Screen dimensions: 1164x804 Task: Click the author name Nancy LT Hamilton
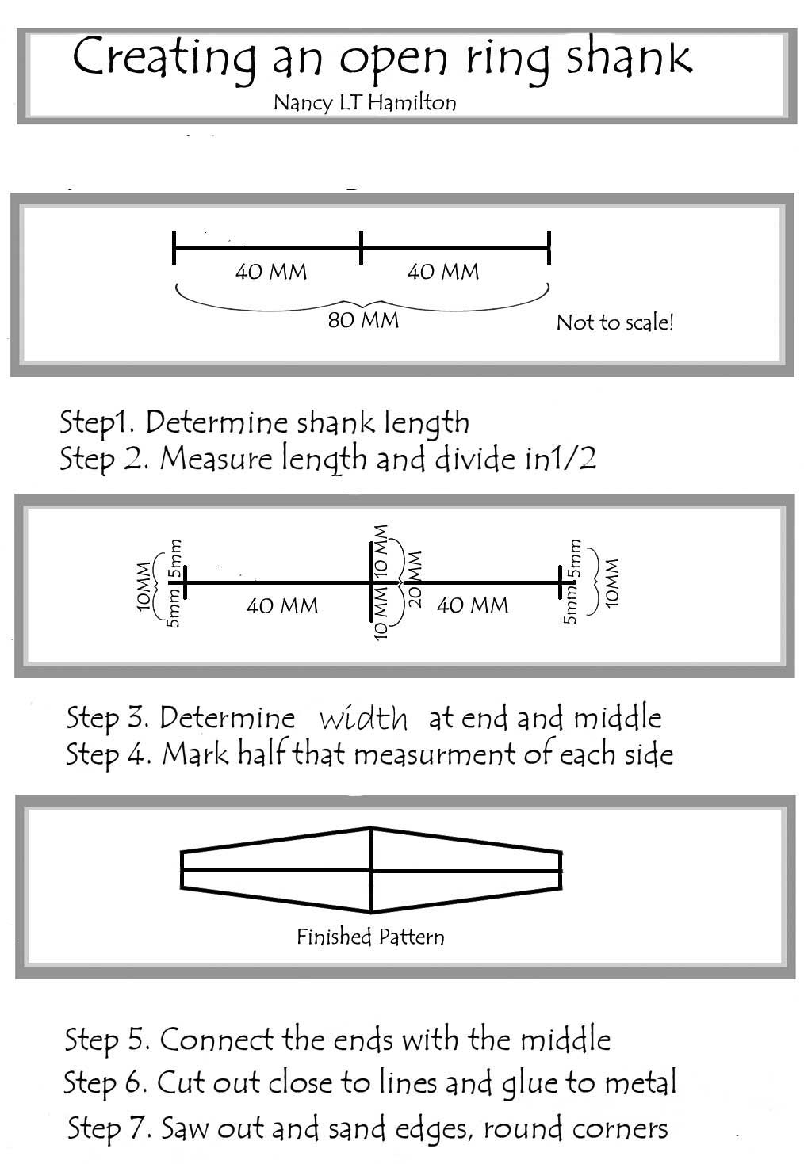point(364,102)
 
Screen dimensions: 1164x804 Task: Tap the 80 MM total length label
point(363,320)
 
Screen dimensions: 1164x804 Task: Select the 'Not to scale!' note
point(614,322)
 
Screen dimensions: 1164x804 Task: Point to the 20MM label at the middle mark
point(415,579)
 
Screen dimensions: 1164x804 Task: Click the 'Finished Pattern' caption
point(370,937)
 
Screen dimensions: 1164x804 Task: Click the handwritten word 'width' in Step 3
point(363,719)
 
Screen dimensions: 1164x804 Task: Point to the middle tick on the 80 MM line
point(361,248)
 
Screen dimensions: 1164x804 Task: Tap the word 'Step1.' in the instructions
point(98,422)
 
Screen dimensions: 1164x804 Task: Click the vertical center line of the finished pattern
point(371,869)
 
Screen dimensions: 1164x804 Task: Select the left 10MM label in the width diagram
point(144,586)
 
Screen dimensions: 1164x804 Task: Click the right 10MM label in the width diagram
point(611,583)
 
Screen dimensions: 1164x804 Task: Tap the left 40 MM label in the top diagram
point(270,272)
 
